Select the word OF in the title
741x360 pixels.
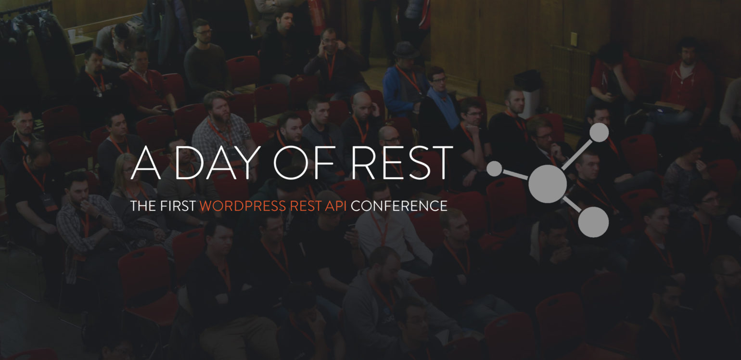pyautogui.click(x=304, y=163)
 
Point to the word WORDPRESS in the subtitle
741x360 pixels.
pyautogui.click(x=243, y=206)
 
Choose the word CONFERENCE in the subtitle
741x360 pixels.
pyautogui.click(x=399, y=206)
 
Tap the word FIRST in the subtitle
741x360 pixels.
pyautogui.click(x=178, y=206)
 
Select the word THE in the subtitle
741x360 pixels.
pyautogui.click(x=143, y=206)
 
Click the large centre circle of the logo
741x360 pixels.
pyautogui.click(x=548, y=184)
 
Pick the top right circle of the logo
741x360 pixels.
pyautogui.click(x=599, y=132)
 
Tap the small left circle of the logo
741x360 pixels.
pyautogui.click(x=495, y=168)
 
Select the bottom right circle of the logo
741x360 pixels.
pyautogui.click(x=593, y=222)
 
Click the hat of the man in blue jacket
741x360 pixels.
pyautogui.click(x=406, y=50)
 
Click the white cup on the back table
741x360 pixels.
pyautogui.click(x=72, y=35)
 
